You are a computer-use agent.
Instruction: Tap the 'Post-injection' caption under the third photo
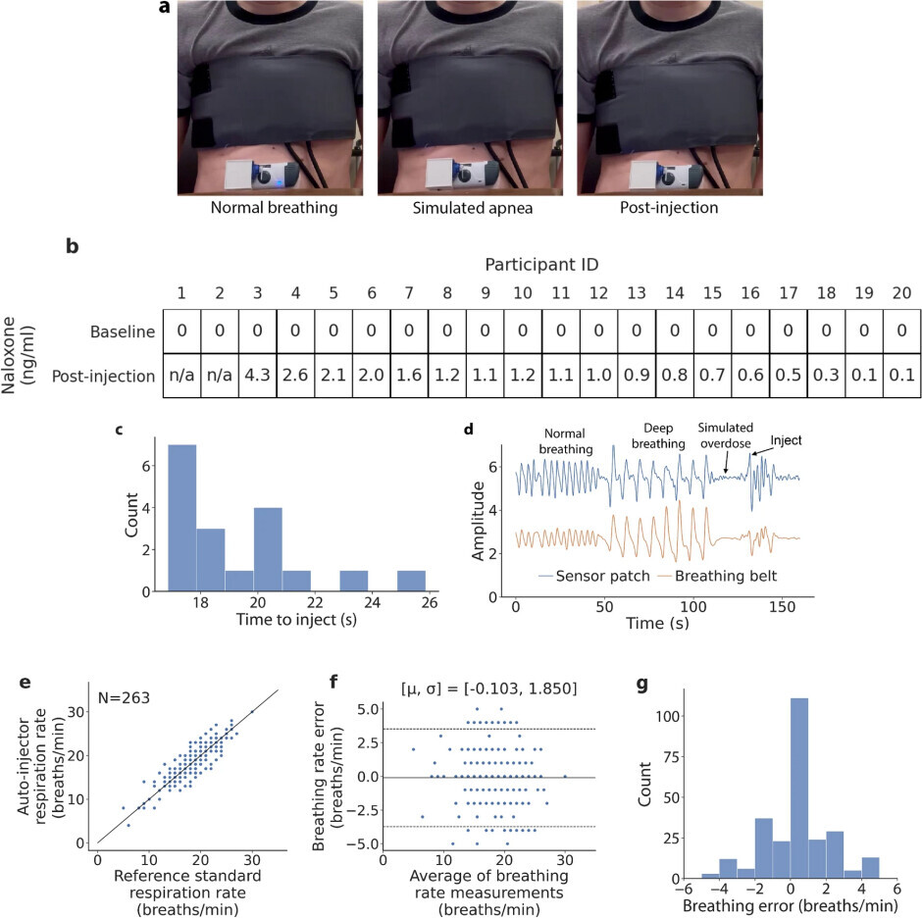(666, 209)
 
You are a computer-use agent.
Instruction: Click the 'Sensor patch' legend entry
(594, 576)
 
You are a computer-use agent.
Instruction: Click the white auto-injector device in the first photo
(257, 175)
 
